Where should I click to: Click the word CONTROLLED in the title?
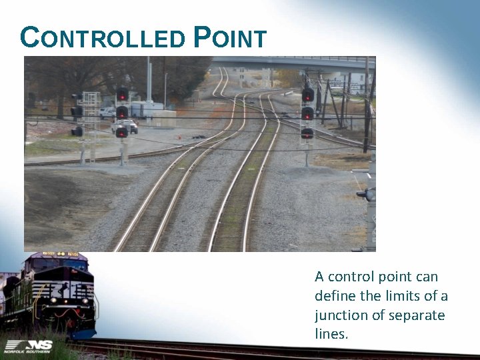pyautogui.click(x=103, y=38)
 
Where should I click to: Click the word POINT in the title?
pyautogui.click(x=230, y=38)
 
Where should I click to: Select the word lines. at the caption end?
pyautogui.click(x=331, y=334)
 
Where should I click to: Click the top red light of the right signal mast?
pyautogui.click(x=307, y=95)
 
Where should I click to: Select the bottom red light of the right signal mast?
pyautogui.click(x=307, y=133)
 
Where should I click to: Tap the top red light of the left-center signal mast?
pyautogui.click(x=122, y=94)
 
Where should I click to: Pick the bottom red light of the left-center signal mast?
pyautogui.click(x=122, y=132)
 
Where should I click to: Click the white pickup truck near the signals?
pyautogui.click(x=126, y=125)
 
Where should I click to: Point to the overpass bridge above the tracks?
pyautogui.click(x=293, y=63)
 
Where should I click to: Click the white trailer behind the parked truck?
pyautogui.click(x=147, y=109)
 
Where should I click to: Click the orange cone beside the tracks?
pyautogui.click(x=178, y=138)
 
